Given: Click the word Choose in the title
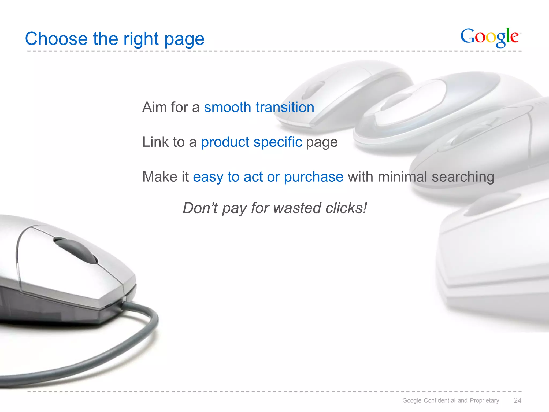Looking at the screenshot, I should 56,39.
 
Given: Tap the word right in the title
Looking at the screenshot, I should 141,39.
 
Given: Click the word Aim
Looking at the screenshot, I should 154,107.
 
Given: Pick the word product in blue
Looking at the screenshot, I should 225,142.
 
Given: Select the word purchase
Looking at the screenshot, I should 314,177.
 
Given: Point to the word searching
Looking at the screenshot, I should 463,177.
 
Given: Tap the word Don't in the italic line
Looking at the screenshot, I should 200,208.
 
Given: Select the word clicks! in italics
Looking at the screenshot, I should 346,208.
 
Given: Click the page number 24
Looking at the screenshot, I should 517,400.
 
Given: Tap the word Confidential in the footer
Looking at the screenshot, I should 440,400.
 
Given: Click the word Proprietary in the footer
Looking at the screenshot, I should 484,400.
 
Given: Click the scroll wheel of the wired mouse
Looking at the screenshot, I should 76,250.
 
